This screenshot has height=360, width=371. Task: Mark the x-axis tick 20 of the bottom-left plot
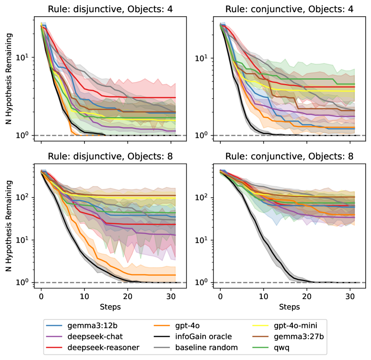[127, 297]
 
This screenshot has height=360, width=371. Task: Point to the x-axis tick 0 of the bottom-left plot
[41, 297]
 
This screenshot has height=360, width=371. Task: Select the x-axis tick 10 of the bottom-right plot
[263, 297]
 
